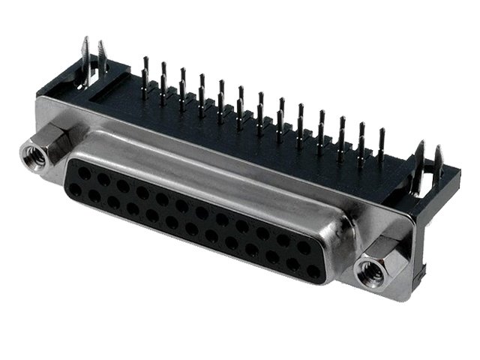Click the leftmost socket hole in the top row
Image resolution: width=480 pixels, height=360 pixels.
point(84,173)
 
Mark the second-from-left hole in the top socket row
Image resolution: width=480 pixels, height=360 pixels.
point(103,179)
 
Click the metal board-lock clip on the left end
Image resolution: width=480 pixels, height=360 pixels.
point(93,60)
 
